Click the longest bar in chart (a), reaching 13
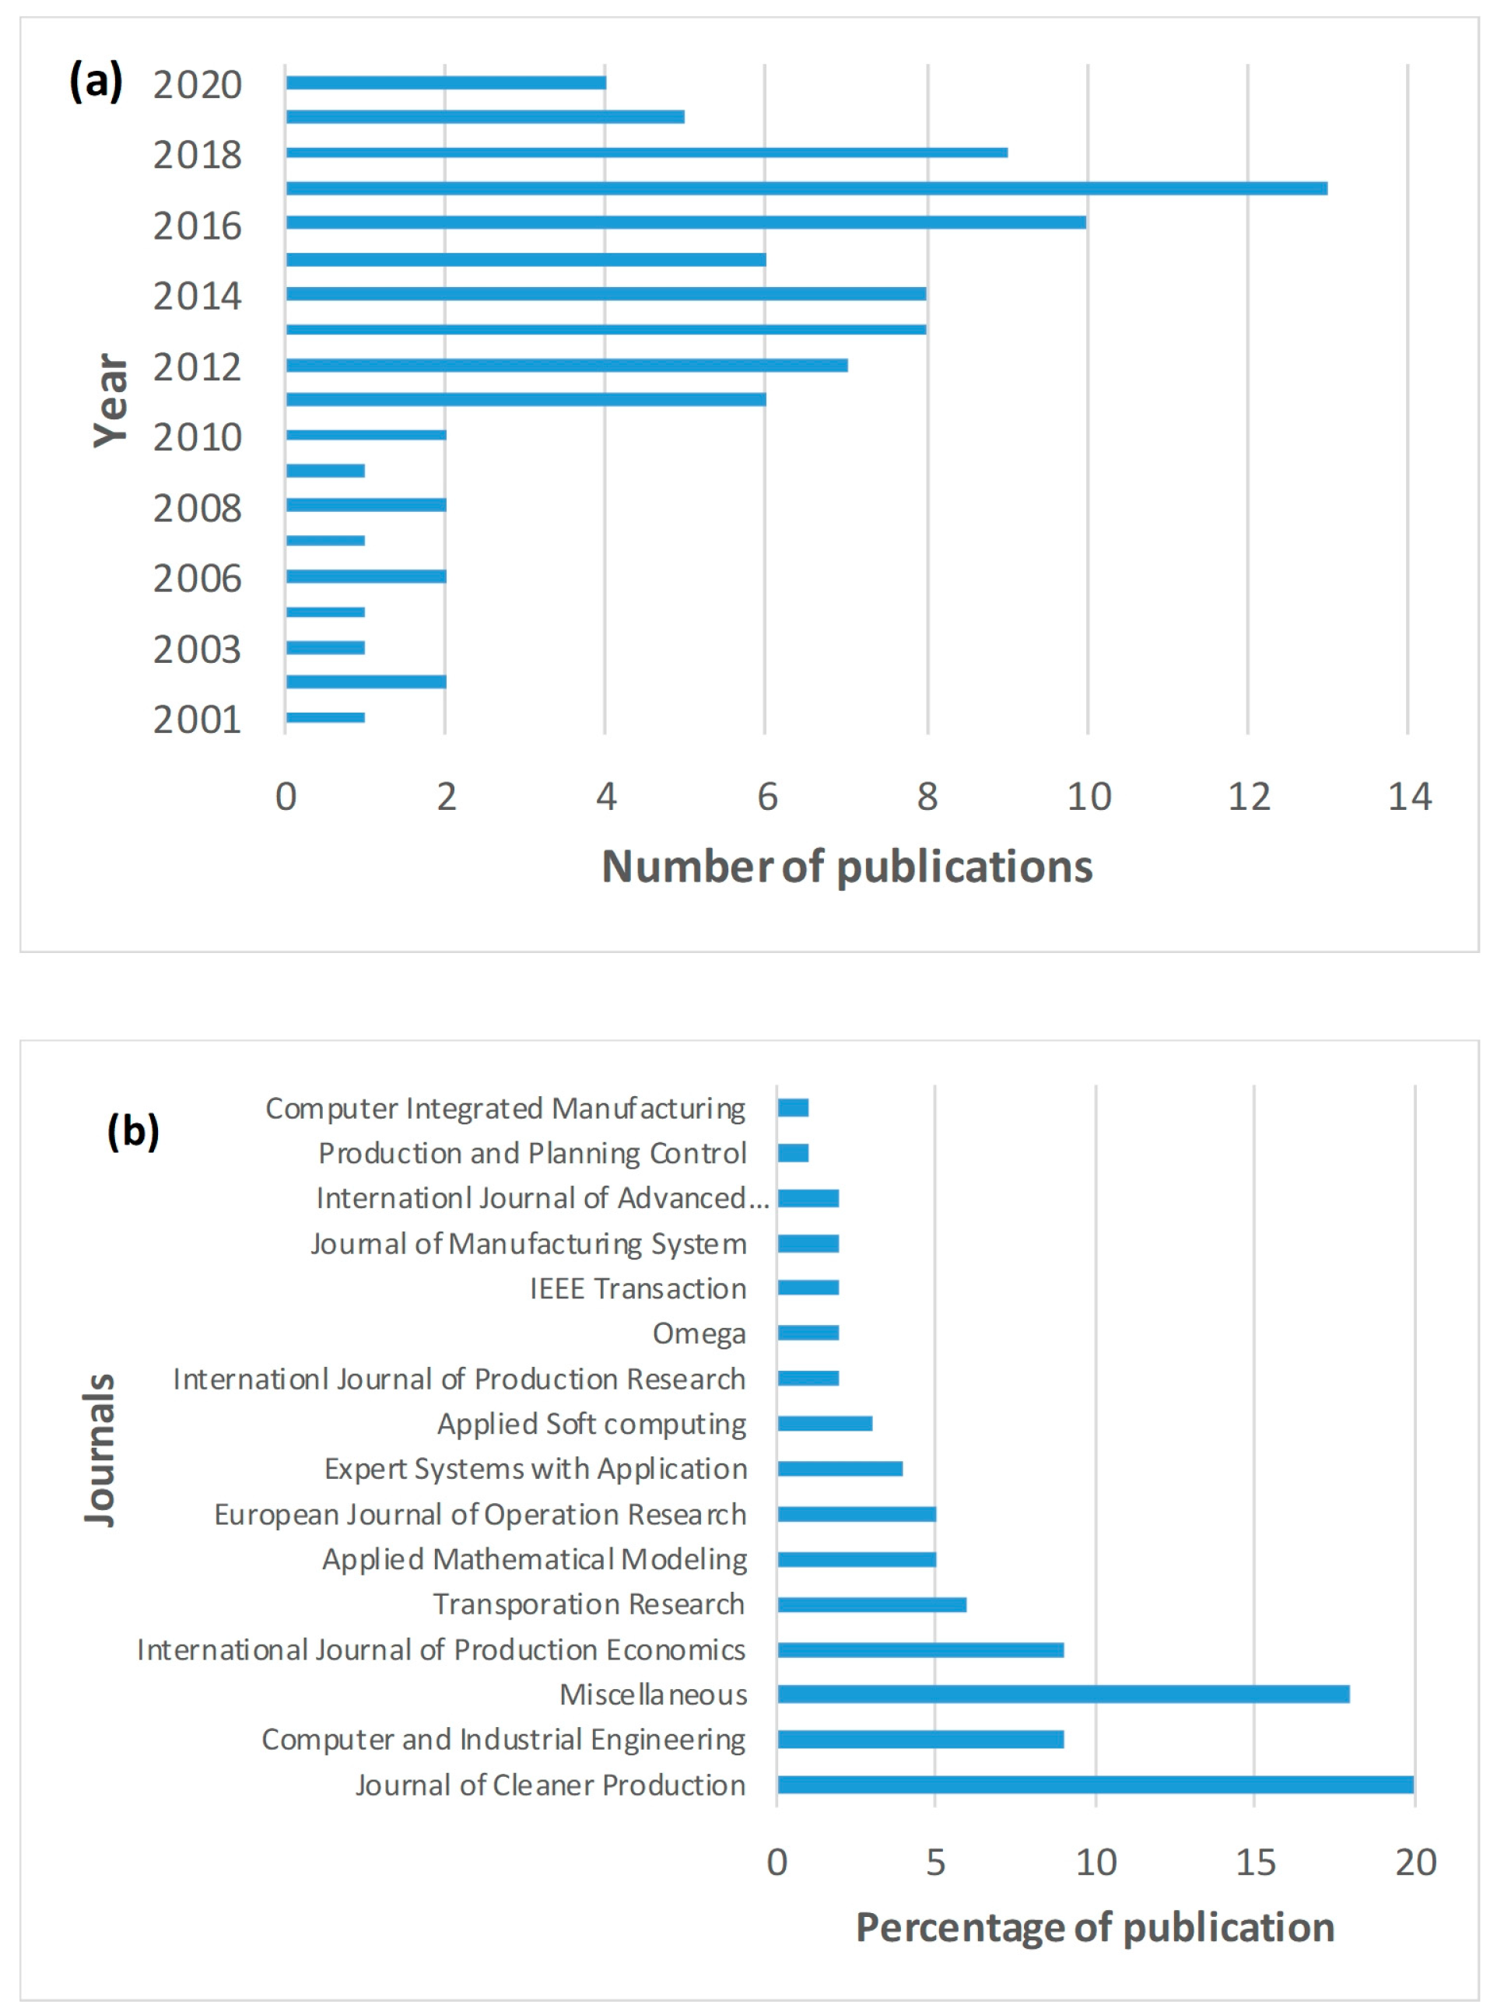coord(807,188)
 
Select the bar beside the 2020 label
coord(446,83)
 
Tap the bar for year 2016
coord(686,223)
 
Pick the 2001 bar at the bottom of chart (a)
coord(325,717)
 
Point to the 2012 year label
coord(198,367)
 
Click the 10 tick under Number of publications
coord(1089,797)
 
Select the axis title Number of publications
coord(847,866)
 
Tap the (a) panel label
coord(96,82)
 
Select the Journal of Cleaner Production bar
coord(1095,1785)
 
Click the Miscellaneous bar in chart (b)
coord(1063,1694)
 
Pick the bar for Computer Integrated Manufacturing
coord(793,1107)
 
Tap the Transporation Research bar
coord(871,1604)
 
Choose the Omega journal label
coord(699,1333)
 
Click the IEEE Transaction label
coord(638,1288)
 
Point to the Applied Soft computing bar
coord(825,1424)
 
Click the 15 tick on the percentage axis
coord(1255,1863)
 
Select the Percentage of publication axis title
coord(1095,1928)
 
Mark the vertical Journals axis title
coord(100,1449)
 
